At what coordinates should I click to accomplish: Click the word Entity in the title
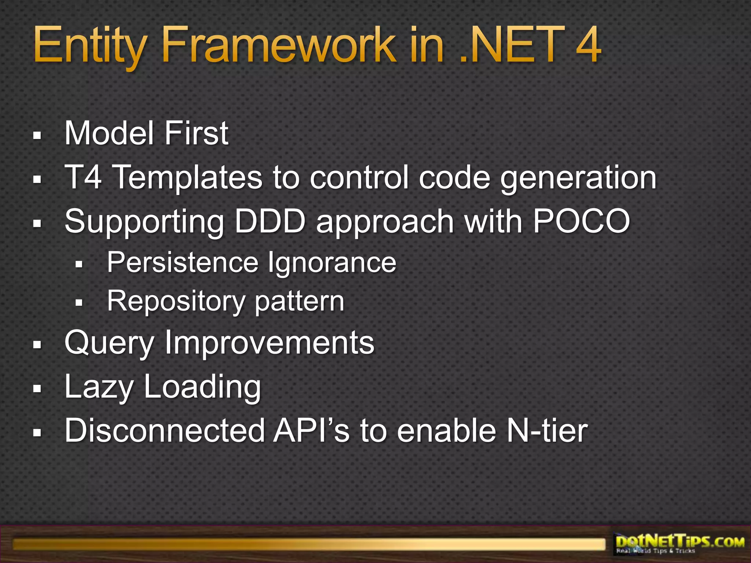(x=90, y=46)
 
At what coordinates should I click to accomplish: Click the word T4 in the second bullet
(x=83, y=177)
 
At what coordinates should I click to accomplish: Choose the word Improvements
(x=270, y=343)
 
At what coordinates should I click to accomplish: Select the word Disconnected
(x=165, y=431)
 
